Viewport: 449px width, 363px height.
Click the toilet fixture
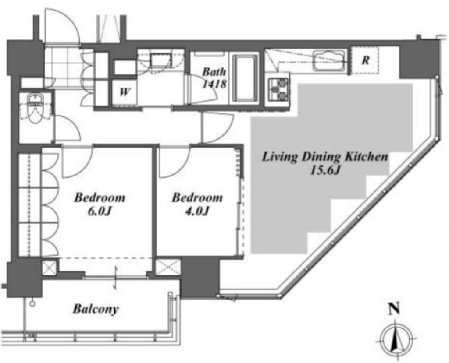coord(35,108)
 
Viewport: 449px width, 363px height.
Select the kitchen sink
coord(329,61)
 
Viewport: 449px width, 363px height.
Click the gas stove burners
coord(278,89)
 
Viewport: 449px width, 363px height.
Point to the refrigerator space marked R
coord(365,60)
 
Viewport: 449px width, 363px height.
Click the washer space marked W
coord(124,92)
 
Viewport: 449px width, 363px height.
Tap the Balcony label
coord(96,309)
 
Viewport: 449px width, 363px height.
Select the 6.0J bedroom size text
coord(100,211)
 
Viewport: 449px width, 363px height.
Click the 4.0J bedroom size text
coord(197,211)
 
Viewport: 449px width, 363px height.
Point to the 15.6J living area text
coord(325,170)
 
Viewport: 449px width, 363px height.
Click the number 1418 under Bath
coord(214,84)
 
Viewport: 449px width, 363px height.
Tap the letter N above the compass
coord(394,309)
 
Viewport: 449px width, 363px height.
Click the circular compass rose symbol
coord(396,340)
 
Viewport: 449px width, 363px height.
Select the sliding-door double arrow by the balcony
coord(116,278)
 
